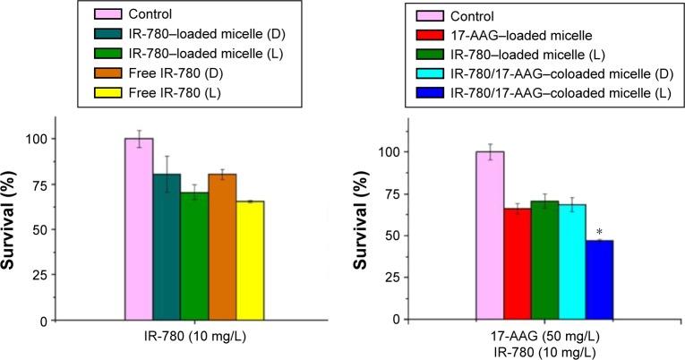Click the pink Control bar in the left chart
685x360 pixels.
coord(139,229)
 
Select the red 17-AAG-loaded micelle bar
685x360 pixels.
coord(518,264)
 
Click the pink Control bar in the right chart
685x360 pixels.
coord(490,236)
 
